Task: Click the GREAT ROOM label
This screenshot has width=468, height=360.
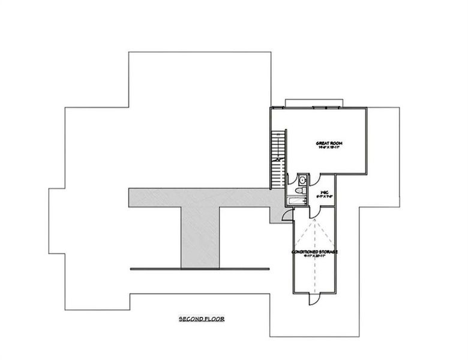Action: (328, 143)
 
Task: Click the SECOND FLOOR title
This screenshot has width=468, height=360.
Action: (202, 319)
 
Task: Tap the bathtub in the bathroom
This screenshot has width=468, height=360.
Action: (296, 201)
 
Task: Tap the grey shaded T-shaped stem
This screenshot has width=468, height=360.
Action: (200, 236)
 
